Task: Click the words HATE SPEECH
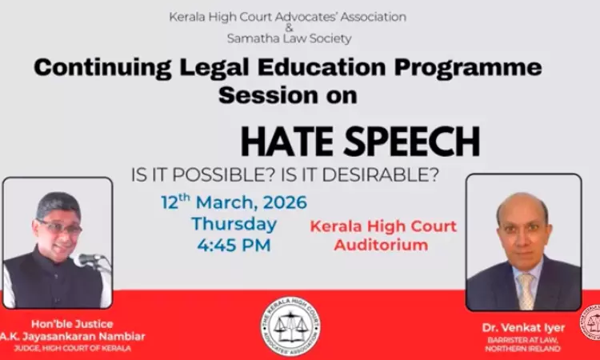coord(360,142)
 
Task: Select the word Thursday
coord(234,223)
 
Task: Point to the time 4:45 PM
coord(233,246)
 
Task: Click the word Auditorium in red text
coord(380,245)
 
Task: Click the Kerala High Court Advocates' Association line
coord(287,17)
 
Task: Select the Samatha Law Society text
coord(289,38)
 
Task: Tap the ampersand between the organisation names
coord(289,27)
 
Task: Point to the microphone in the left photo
coord(90,259)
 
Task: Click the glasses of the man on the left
coord(58,227)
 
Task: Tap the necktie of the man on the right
coord(526,290)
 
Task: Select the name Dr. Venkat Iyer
coord(523,327)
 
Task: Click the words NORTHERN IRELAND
coord(523,349)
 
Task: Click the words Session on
coord(288,94)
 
